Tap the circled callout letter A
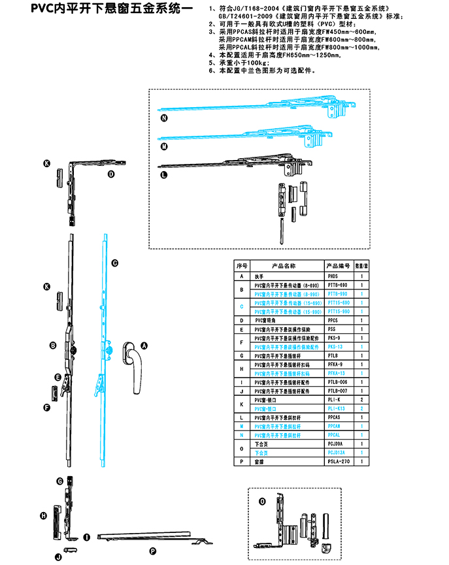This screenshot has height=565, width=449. point(145,345)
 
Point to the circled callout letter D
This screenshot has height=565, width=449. point(111,174)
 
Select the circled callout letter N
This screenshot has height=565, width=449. point(164,119)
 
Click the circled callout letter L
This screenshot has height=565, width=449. point(163,174)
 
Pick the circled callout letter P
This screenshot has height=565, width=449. point(152,551)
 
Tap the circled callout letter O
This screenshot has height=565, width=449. point(262,502)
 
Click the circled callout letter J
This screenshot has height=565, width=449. point(58,557)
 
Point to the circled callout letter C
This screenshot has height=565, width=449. point(114,263)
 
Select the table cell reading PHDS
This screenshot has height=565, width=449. point(333,277)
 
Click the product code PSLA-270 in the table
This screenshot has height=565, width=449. point(339,462)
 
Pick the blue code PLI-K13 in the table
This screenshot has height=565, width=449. point(336,408)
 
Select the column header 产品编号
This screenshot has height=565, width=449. point(339,266)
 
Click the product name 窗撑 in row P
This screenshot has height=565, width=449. point(258,462)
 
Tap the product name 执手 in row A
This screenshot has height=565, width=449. point(258,277)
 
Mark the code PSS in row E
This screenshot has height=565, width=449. point(331,331)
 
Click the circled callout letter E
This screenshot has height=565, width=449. point(58,378)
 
